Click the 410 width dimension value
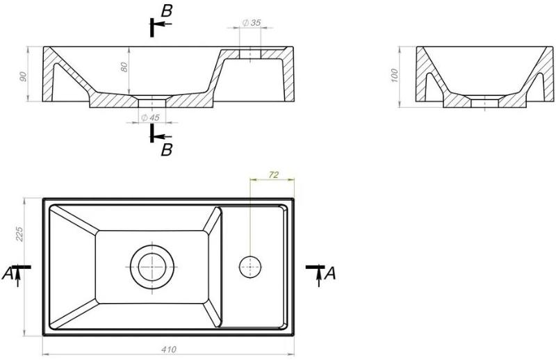click(x=169, y=350)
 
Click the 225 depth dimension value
click(x=19, y=234)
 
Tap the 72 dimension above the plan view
click(x=274, y=174)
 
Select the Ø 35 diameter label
click(x=252, y=23)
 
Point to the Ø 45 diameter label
click(x=150, y=117)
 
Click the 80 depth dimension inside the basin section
click(x=124, y=67)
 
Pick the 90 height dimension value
click(x=23, y=76)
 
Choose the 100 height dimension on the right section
click(x=394, y=76)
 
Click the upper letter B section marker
click(x=166, y=11)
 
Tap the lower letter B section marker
click(x=166, y=150)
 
